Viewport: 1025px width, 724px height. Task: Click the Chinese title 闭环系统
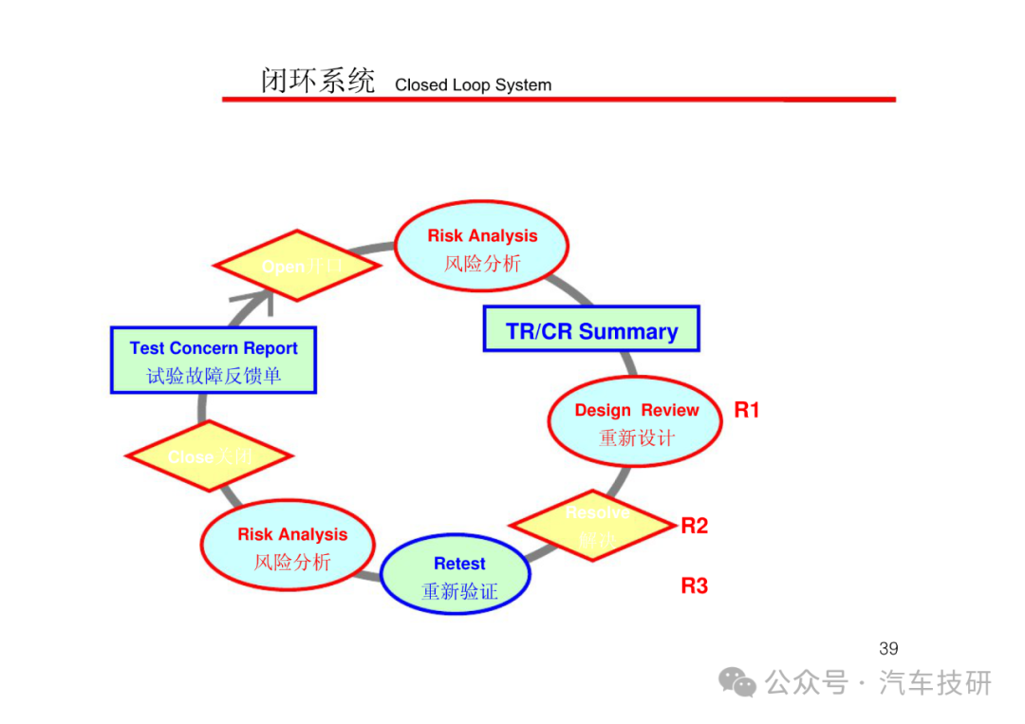pyautogui.click(x=317, y=81)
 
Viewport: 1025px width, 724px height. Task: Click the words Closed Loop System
pyautogui.click(x=473, y=84)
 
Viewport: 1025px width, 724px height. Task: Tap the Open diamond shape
pyautogui.click(x=297, y=266)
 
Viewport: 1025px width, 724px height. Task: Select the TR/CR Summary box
pyautogui.click(x=591, y=329)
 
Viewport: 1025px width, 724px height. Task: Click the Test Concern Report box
pyautogui.click(x=214, y=360)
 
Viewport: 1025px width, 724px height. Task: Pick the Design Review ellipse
pyautogui.click(x=635, y=421)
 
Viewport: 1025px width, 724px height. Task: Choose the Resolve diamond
pyautogui.click(x=594, y=525)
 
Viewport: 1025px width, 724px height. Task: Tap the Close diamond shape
pyautogui.click(x=209, y=456)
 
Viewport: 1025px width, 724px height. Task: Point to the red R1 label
pyautogui.click(x=747, y=410)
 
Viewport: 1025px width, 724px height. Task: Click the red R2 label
pyautogui.click(x=695, y=526)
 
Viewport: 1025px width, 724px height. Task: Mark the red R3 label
pyautogui.click(x=695, y=585)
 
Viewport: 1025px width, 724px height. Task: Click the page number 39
pyautogui.click(x=888, y=649)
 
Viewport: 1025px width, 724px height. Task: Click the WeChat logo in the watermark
pyautogui.click(x=737, y=681)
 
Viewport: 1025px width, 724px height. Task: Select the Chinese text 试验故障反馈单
pyautogui.click(x=214, y=376)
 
